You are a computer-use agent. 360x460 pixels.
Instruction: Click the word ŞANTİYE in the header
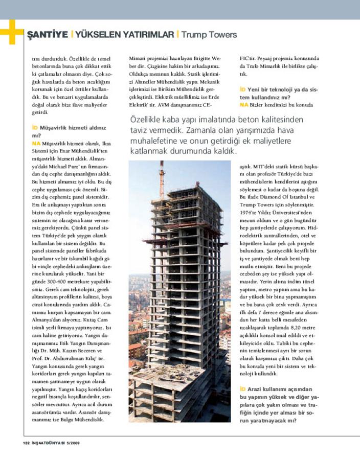pos(48,35)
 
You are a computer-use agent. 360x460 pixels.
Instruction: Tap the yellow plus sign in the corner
pos(10,32)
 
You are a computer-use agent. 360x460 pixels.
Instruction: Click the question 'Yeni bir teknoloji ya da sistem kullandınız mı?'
pos(279,93)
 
